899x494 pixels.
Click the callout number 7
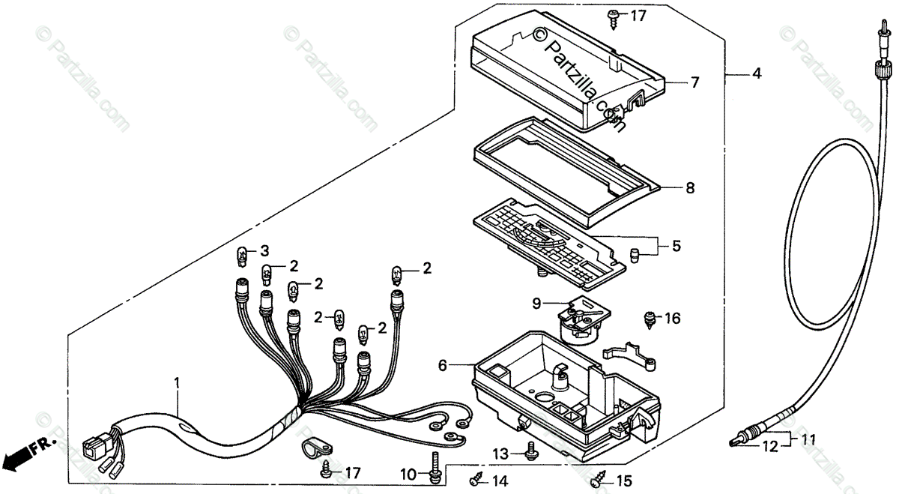click(x=694, y=82)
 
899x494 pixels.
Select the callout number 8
click(x=690, y=188)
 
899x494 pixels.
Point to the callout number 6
click(x=443, y=365)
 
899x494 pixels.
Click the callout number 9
click(x=536, y=304)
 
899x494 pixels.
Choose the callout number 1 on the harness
click(x=177, y=382)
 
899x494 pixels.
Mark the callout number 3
click(x=264, y=250)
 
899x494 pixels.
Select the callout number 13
click(x=500, y=454)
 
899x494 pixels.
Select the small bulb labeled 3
click(x=242, y=257)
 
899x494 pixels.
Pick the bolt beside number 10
click(x=435, y=467)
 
